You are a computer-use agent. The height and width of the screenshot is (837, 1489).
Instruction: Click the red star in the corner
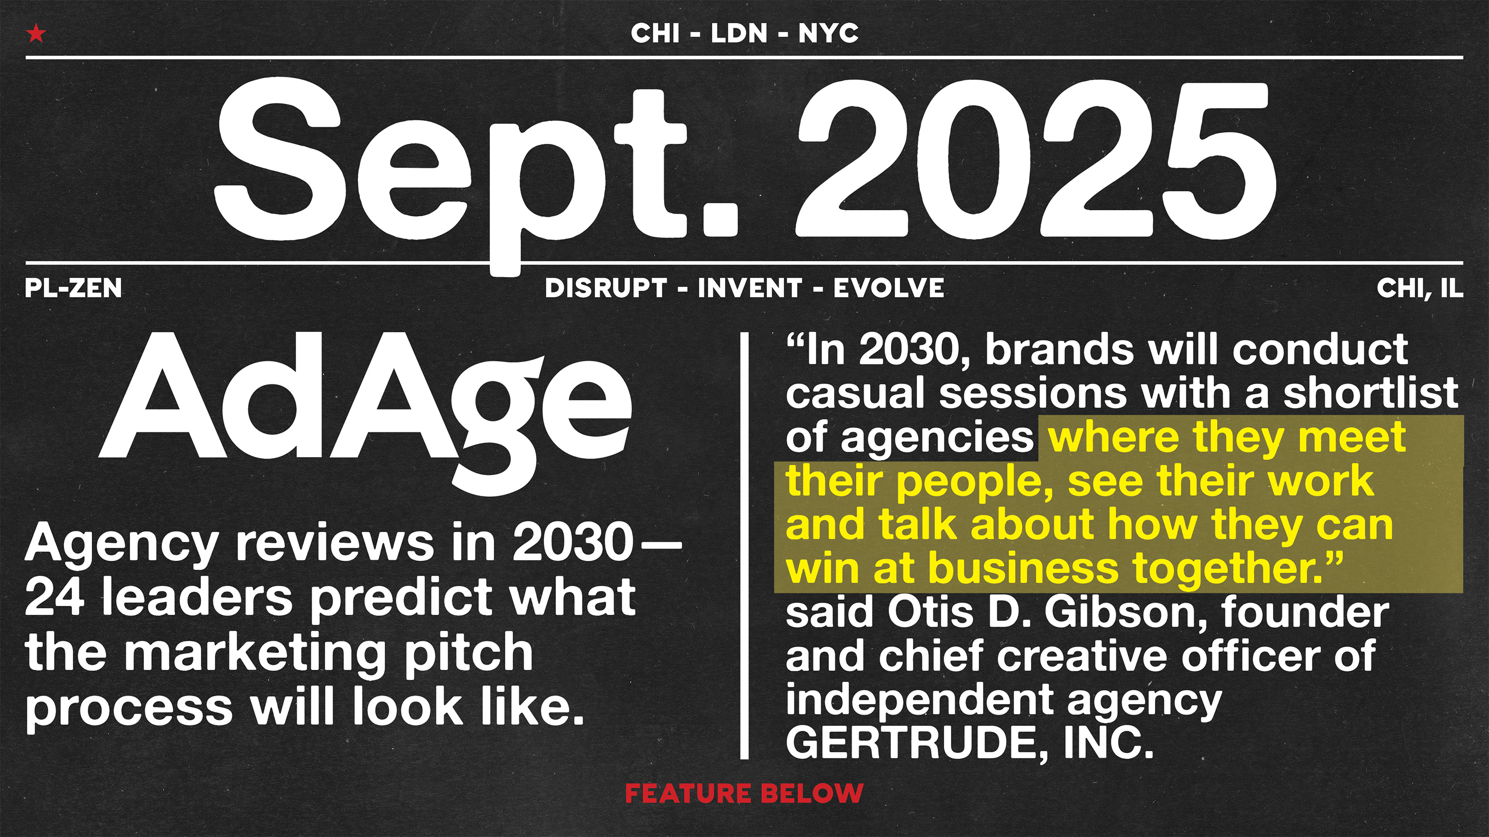click(x=36, y=34)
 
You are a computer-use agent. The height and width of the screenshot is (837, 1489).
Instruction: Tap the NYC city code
click(x=828, y=34)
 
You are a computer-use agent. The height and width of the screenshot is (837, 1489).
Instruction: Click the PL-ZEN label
click(x=73, y=288)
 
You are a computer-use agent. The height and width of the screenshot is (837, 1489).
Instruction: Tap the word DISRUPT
click(x=606, y=288)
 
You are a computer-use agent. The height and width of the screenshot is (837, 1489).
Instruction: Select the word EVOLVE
click(x=888, y=288)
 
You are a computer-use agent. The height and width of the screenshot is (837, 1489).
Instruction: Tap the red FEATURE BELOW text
click(x=744, y=793)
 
